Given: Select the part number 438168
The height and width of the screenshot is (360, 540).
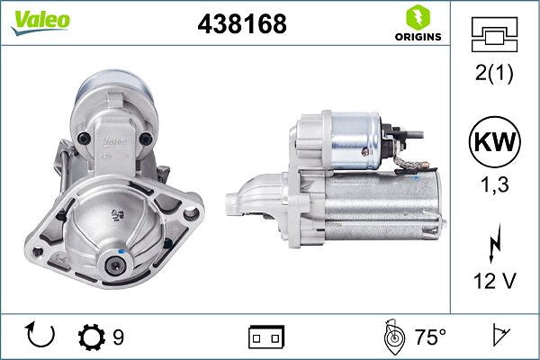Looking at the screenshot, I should [x=241, y=25].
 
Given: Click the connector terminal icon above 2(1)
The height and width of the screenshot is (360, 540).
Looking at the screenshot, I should [x=494, y=35].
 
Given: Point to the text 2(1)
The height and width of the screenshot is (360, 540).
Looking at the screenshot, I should [x=494, y=75].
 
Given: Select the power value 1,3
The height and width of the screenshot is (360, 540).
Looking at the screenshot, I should [x=494, y=185].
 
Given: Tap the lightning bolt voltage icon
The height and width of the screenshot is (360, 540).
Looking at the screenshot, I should [x=494, y=246].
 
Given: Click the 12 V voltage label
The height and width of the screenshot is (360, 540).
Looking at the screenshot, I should [x=494, y=282].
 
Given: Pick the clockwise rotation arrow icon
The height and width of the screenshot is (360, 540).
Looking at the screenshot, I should [x=41, y=336].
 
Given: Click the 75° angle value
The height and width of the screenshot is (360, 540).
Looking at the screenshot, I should [x=430, y=337].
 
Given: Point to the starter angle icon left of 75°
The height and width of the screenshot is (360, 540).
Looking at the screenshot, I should [x=391, y=337].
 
